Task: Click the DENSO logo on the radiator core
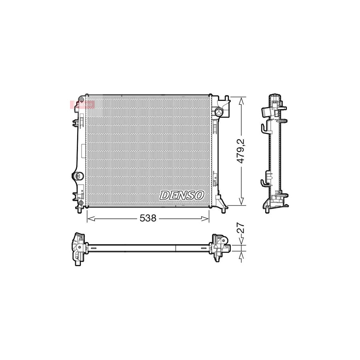point(182,195)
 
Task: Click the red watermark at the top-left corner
point(82,104)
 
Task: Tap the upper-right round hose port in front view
point(219,112)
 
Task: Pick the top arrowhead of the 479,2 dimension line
point(241,100)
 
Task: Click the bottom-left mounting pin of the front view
point(81,210)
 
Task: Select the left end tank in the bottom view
point(78,248)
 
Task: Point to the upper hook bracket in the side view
point(264,128)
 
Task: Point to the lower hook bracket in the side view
point(264,183)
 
